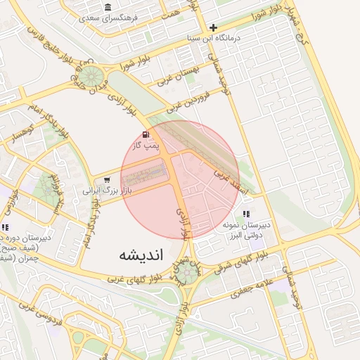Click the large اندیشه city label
pos(141,255)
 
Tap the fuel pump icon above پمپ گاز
pos(146,134)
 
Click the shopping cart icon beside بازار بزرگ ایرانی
pos(107,180)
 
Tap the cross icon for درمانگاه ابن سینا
pos(214,27)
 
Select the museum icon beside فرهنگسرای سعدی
pos(108,7)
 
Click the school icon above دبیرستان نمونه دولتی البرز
pos(246,213)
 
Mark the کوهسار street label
pos(22,131)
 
